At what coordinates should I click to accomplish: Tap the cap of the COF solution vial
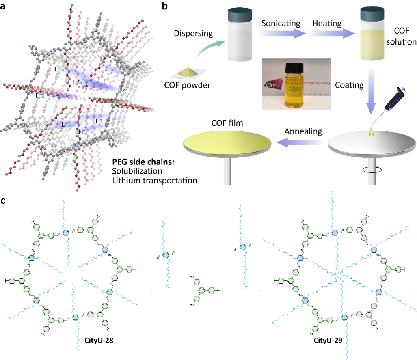pos(372,15)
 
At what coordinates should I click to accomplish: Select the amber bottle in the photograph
pos(295,87)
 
